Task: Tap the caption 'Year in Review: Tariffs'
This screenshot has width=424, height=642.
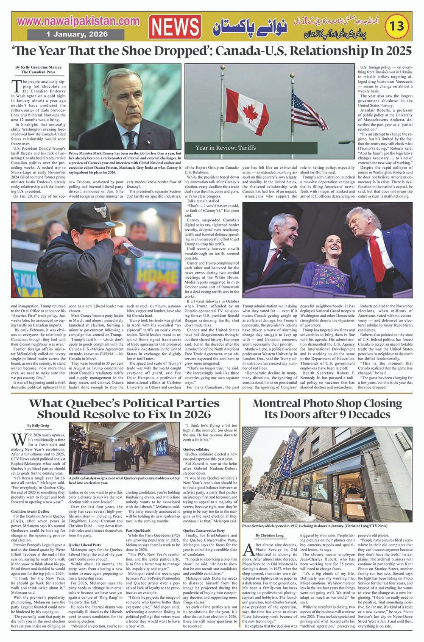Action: pos(226,148)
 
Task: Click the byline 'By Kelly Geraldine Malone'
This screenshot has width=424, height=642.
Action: pos(38,67)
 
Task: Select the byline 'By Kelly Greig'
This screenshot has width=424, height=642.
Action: pos(38,425)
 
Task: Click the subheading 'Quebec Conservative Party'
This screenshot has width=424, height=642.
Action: pos(204,530)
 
